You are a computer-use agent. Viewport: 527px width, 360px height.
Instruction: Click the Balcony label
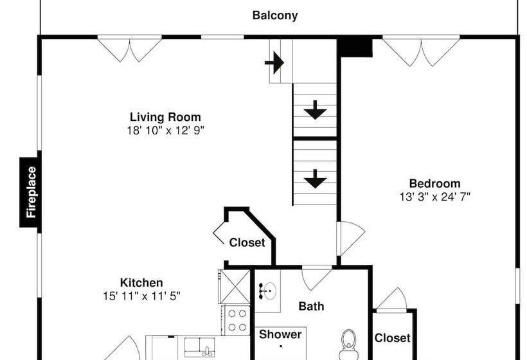point(275,15)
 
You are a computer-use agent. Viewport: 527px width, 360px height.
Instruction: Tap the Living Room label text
point(165,117)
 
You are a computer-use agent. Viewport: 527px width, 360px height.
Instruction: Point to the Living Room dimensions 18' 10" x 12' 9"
point(165,130)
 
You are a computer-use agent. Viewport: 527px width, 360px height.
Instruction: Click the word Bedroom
point(434,183)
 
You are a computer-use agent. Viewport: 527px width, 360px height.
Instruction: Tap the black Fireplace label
point(30,192)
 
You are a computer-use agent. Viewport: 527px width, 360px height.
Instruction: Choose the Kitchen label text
point(141,282)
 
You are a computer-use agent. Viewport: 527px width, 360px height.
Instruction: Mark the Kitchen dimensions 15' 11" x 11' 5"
point(141,296)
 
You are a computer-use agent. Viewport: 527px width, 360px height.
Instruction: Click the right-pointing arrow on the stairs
point(274,63)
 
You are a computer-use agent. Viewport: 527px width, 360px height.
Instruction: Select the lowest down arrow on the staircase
point(315,179)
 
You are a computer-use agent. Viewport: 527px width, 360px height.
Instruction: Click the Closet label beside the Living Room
point(247,242)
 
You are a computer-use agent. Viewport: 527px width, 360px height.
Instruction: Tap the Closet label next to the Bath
point(392,337)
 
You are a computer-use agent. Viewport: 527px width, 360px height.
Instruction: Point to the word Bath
point(311,306)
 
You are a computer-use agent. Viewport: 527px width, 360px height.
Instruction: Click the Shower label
point(280,334)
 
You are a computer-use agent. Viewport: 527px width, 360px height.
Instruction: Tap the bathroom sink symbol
point(268,291)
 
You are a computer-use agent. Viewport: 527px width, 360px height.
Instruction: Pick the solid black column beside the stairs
point(355,47)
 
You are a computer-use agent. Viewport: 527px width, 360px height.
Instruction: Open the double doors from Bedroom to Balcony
point(422,50)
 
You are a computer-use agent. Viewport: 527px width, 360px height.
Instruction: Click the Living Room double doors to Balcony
point(129,49)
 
